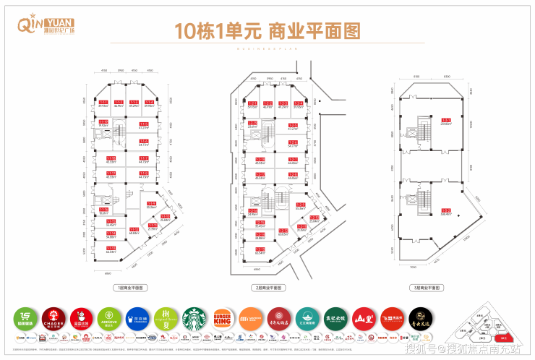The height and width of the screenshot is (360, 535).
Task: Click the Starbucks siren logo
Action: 194,319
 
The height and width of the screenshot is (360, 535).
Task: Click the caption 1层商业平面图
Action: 129,287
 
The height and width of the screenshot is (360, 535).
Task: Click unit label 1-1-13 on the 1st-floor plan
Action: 111,248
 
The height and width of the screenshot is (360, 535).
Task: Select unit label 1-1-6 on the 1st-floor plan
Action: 144,141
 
